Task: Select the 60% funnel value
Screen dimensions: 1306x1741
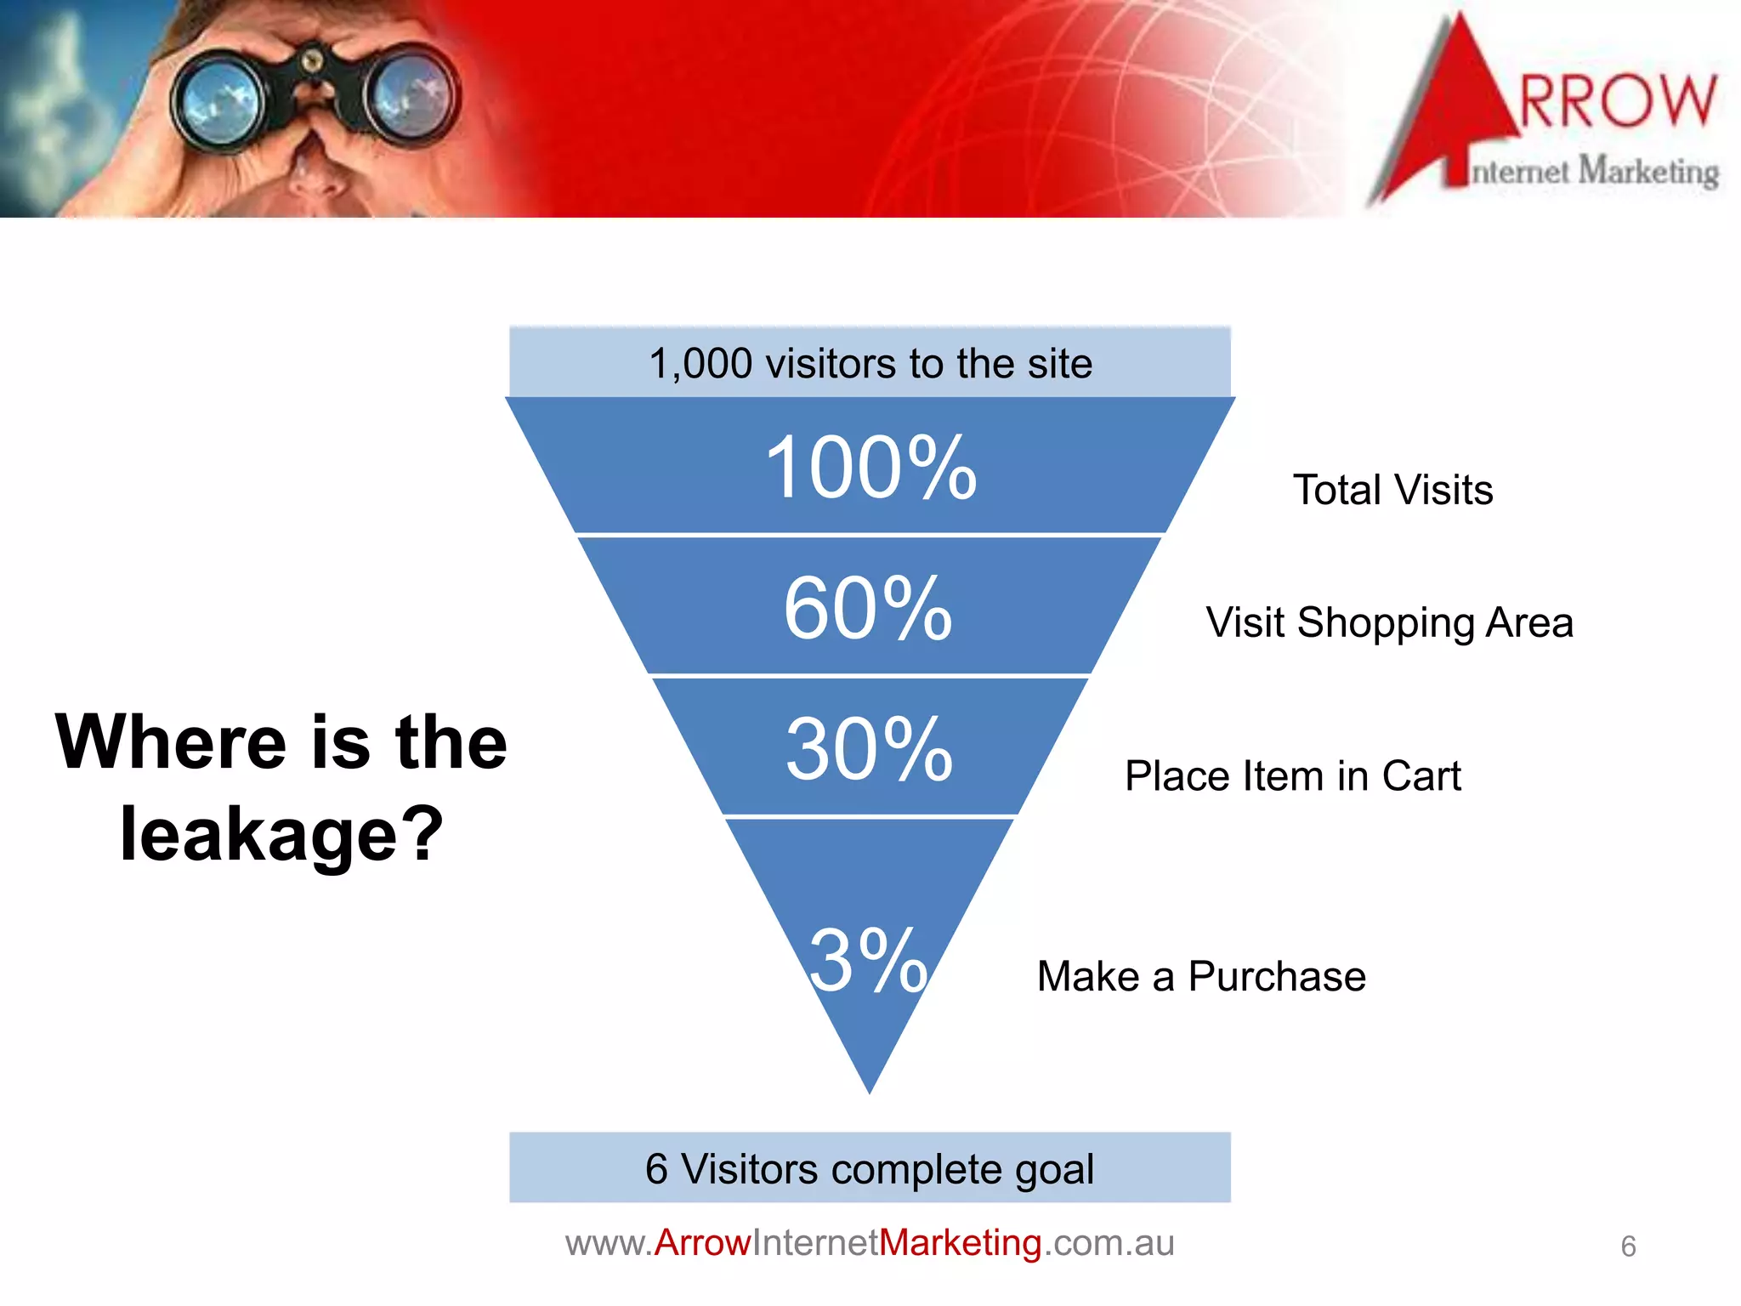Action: (x=868, y=608)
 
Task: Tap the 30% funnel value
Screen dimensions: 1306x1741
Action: (x=869, y=749)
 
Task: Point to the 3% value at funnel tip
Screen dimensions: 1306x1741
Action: (x=868, y=961)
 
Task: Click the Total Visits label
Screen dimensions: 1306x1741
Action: (x=1392, y=491)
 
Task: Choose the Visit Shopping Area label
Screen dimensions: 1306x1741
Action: (x=1389, y=623)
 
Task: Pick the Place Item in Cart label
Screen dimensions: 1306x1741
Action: (x=1292, y=776)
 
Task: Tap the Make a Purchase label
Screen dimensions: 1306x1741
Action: (x=1201, y=976)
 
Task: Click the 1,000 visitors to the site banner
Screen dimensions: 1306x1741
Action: (x=870, y=363)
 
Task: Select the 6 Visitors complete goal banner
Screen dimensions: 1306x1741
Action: (x=870, y=1168)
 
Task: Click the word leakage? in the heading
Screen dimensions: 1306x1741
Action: (x=281, y=834)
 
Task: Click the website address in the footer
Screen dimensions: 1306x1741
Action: (x=870, y=1243)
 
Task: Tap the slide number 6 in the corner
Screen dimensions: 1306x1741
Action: (x=1628, y=1246)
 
